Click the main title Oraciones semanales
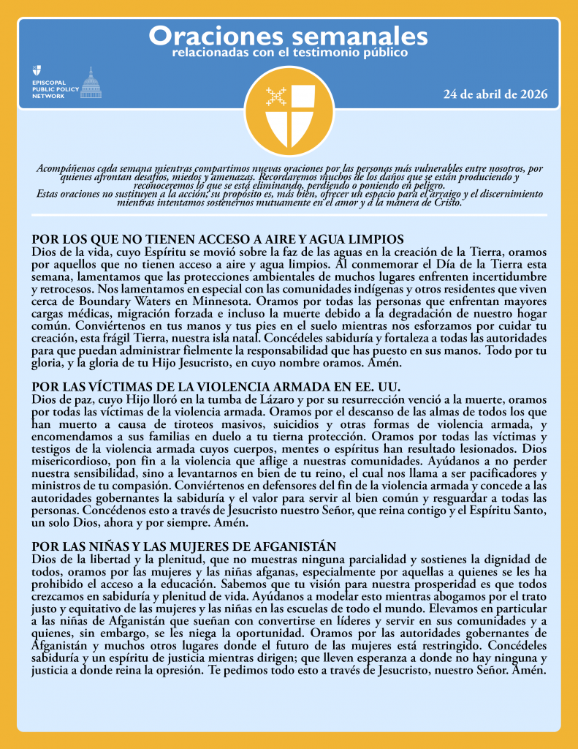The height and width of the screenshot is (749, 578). tap(289, 36)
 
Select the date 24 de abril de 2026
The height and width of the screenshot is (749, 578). tap(495, 95)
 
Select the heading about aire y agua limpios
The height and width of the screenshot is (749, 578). tap(218, 239)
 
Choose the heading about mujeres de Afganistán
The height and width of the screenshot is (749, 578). tap(184, 546)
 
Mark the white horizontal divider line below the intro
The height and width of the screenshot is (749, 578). tap(289, 215)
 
